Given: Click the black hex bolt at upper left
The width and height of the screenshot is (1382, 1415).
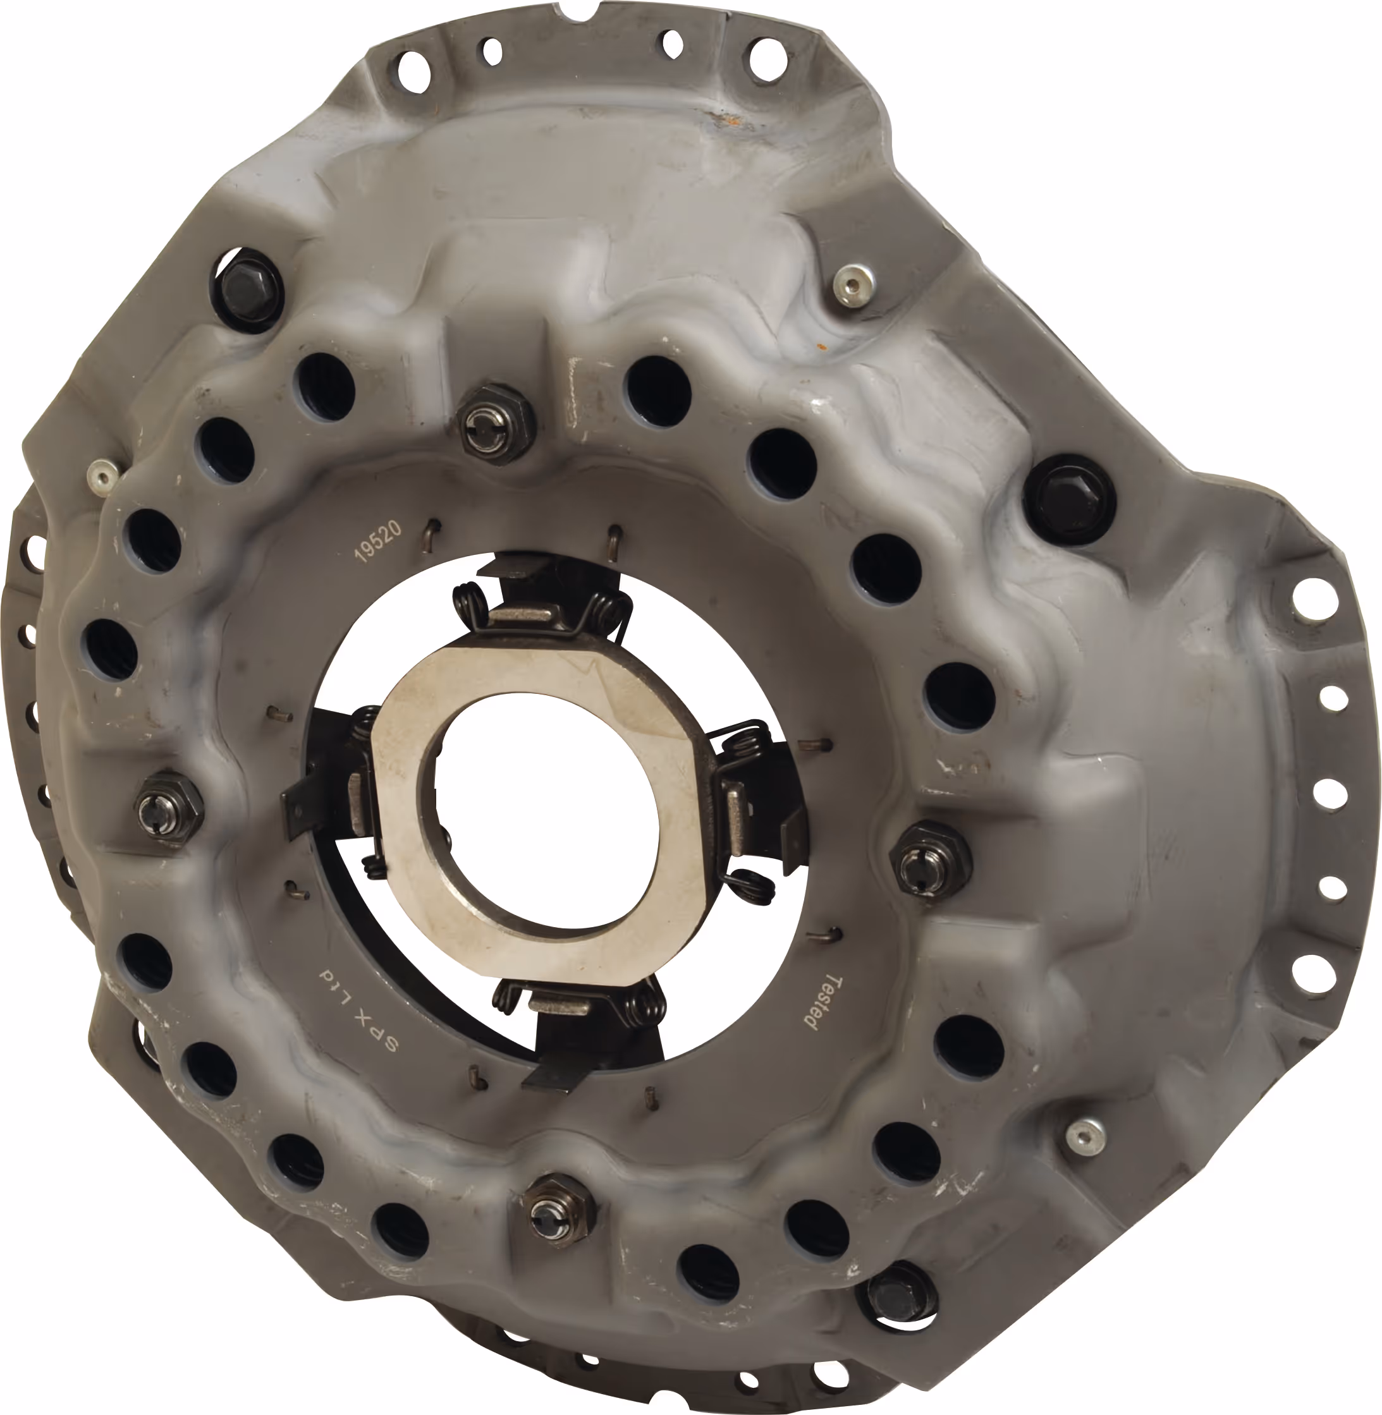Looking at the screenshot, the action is point(246,289).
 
